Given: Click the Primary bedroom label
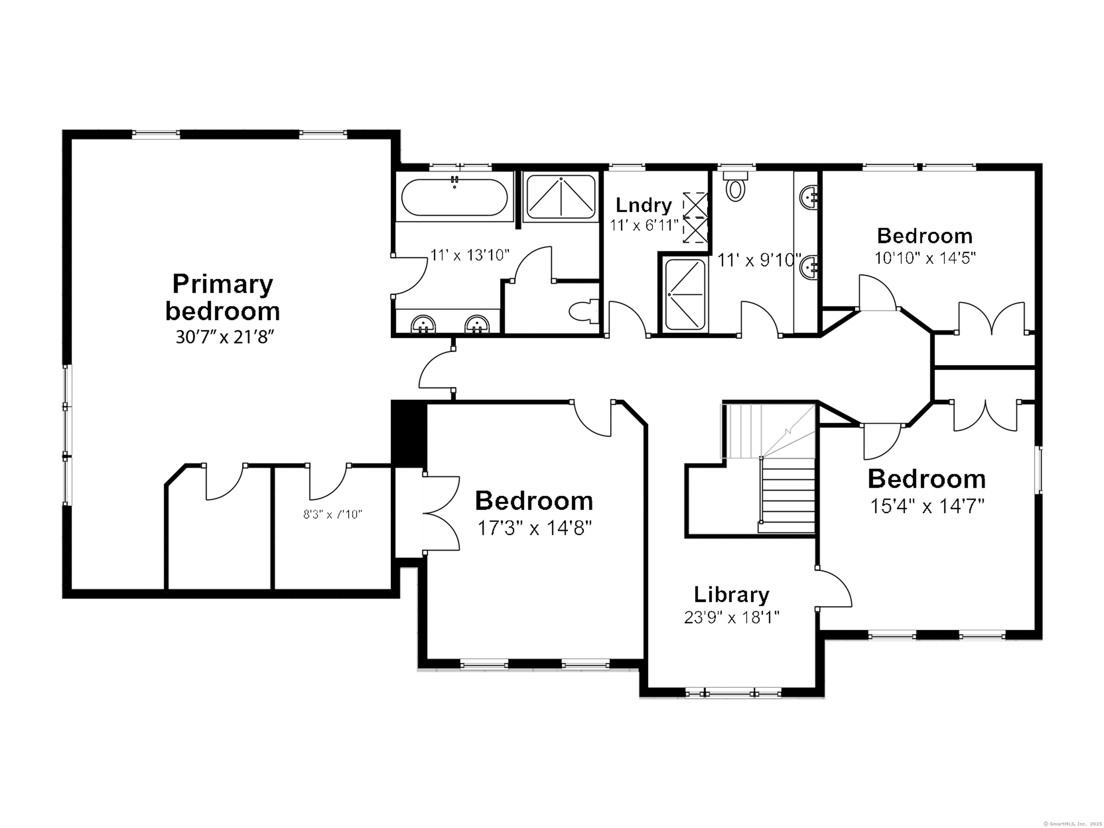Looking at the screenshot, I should [222, 298].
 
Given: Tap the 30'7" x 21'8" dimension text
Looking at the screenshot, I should [222, 337].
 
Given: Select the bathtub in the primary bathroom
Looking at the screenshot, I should [454, 198].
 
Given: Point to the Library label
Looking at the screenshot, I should [731, 594].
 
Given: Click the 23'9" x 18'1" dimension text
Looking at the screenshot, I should [731, 618].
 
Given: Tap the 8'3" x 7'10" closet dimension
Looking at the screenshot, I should [332, 514].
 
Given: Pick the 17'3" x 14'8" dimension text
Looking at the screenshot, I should [534, 528].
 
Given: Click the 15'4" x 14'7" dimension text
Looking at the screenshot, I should [927, 507].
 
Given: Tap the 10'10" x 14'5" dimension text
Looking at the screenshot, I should [925, 258].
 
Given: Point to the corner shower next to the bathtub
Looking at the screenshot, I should [561, 197].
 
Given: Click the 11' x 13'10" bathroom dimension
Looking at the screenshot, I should [470, 255].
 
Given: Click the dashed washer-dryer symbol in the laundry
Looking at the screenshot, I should [695, 218].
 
